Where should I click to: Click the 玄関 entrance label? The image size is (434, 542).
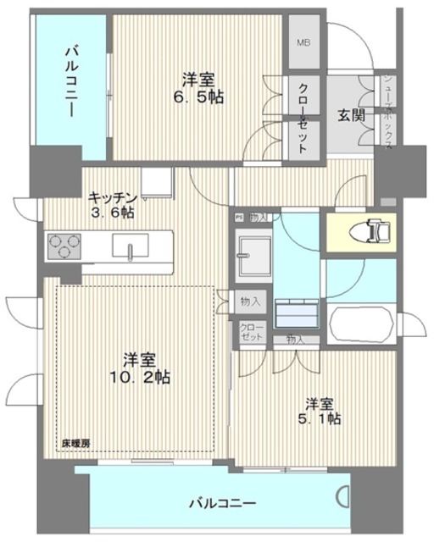351,114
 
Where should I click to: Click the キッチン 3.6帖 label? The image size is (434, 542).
114,203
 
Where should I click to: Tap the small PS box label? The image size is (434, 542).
240,217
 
